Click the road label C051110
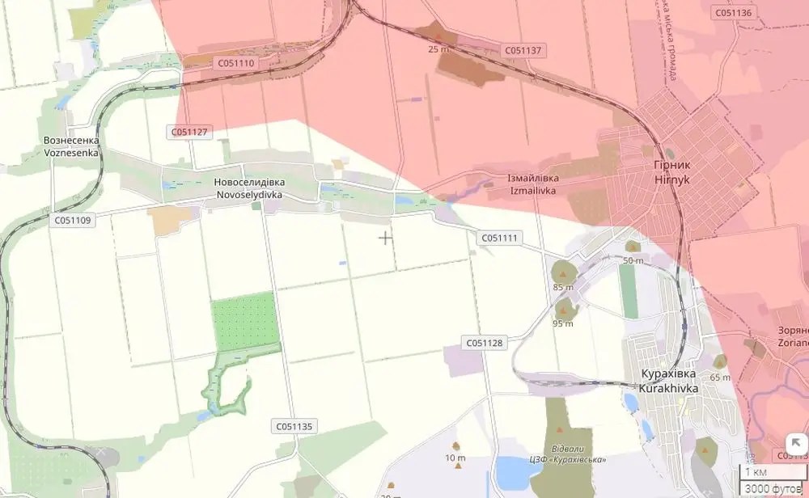[x=236, y=62]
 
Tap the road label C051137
[x=525, y=50]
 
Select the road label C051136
[x=733, y=12]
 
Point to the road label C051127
[x=190, y=131]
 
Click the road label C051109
[x=74, y=220]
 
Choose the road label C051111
[x=498, y=238]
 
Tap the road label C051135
[x=294, y=426]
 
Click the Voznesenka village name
[x=71, y=146]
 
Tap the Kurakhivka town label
[x=670, y=382]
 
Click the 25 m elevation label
[x=438, y=49]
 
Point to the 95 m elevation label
[x=563, y=324]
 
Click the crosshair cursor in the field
[x=386, y=238]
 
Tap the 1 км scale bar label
[x=756, y=472]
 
